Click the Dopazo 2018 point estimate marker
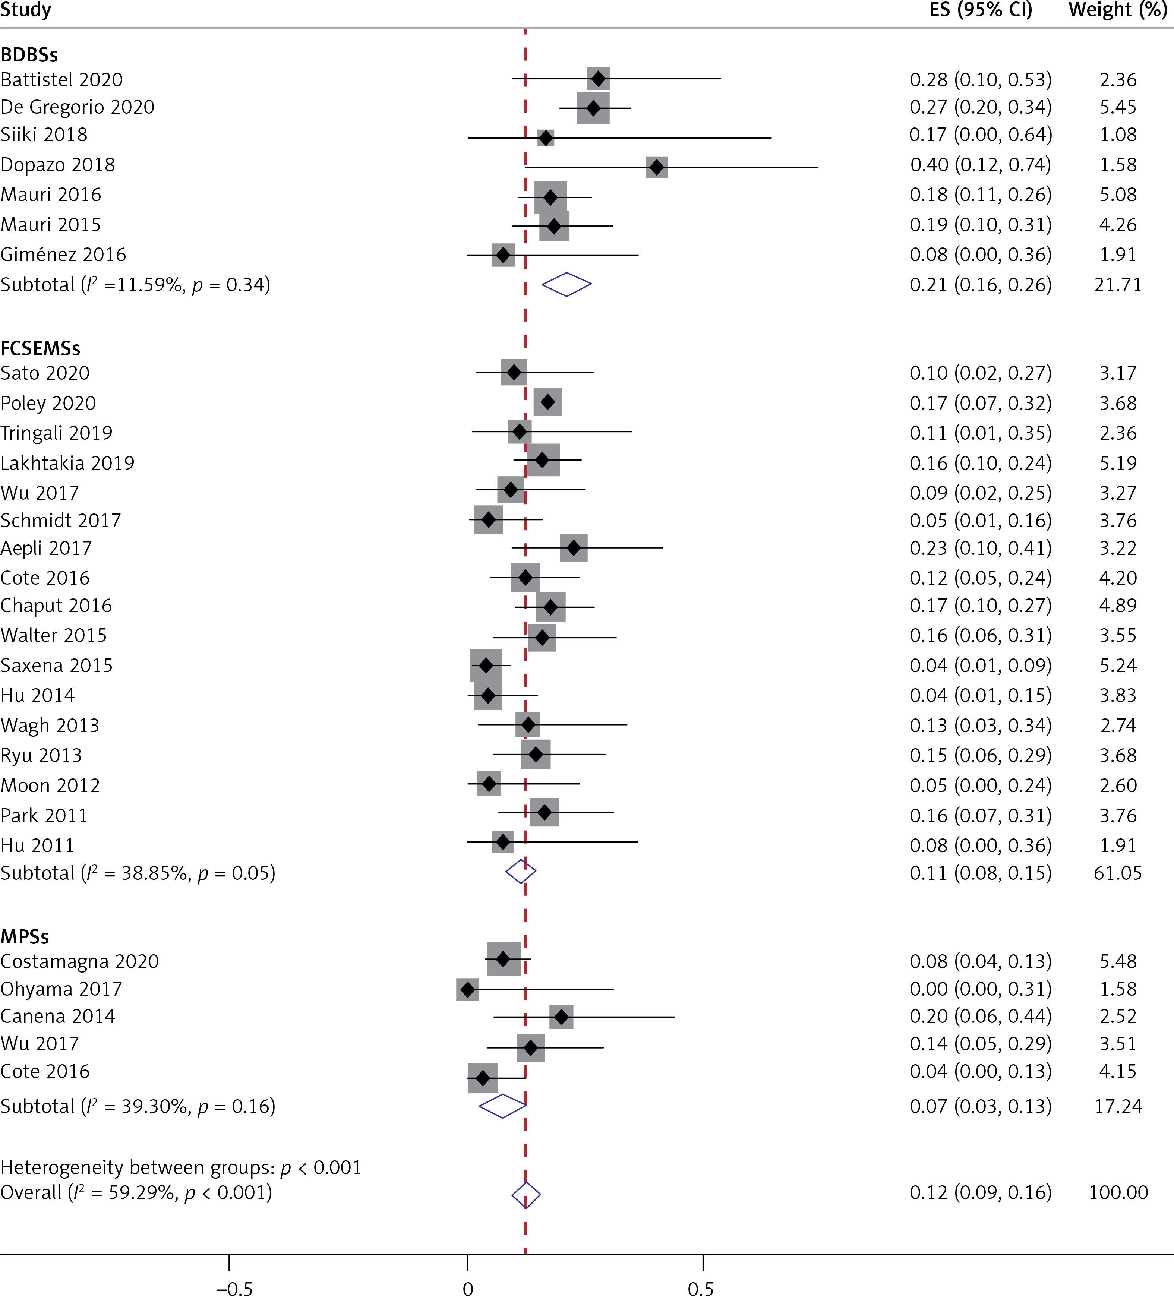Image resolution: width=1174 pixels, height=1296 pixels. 656,167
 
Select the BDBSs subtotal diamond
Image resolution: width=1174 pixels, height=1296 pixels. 567,284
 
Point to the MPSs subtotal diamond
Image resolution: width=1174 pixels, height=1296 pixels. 503,1106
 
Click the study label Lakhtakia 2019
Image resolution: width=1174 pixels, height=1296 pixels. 67,463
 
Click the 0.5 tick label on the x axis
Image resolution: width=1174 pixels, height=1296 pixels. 701,1288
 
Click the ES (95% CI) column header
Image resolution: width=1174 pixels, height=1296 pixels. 981,10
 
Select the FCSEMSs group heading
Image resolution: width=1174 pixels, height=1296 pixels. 41,348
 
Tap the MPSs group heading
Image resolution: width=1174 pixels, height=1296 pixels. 25,937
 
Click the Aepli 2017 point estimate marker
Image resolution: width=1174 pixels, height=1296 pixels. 574,548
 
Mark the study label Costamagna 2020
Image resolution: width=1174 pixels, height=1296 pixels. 80,961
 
